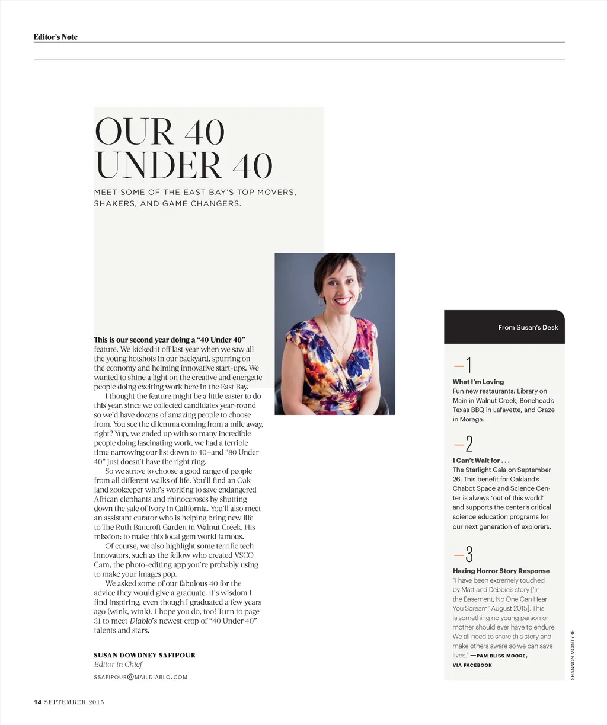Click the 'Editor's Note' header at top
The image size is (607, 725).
(x=55, y=37)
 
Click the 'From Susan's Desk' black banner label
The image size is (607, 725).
(x=528, y=327)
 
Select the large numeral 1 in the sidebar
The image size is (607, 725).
(x=468, y=365)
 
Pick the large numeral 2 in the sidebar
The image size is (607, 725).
(x=469, y=444)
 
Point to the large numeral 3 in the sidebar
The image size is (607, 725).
(x=469, y=554)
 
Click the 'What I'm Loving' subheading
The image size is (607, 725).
(x=478, y=382)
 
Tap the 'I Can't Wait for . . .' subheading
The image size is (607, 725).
(x=481, y=461)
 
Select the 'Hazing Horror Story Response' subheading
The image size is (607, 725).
(x=501, y=571)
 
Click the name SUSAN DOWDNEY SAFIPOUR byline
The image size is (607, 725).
(x=144, y=655)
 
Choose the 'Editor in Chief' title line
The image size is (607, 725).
(x=118, y=665)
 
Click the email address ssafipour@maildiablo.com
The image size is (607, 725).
(x=140, y=677)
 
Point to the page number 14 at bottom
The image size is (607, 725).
(x=37, y=702)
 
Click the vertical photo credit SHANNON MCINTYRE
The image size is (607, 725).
(x=573, y=654)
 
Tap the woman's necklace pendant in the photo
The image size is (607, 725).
(x=340, y=349)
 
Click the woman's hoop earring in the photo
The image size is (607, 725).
(x=321, y=301)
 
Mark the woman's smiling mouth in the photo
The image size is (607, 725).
(x=342, y=301)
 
